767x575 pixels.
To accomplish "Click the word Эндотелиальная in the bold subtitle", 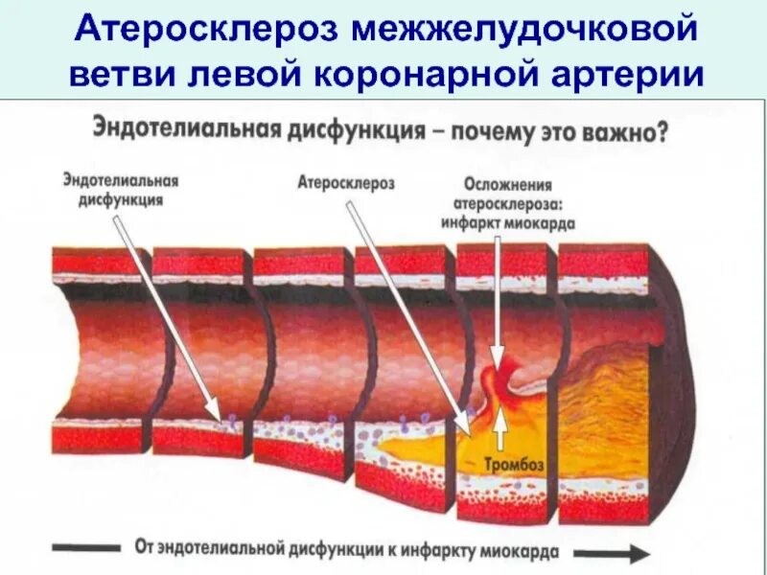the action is click(x=180, y=129).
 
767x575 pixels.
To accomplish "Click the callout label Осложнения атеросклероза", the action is click(x=508, y=195).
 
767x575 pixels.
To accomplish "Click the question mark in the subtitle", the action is click(x=662, y=131).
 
